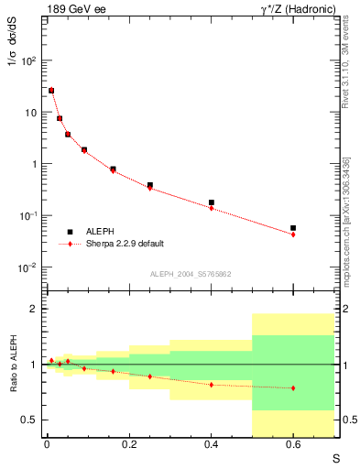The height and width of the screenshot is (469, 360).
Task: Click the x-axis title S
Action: (x=335, y=457)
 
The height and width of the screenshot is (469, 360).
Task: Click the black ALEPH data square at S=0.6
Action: (x=293, y=228)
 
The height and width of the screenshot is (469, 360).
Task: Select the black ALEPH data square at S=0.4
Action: (x=212, y=202)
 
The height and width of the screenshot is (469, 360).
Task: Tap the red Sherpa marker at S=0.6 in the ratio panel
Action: (x=293, y=388)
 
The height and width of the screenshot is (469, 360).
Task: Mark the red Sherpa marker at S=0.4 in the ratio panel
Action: (x=212, y=385)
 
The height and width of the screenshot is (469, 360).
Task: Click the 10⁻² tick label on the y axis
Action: (x=27, y=267)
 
